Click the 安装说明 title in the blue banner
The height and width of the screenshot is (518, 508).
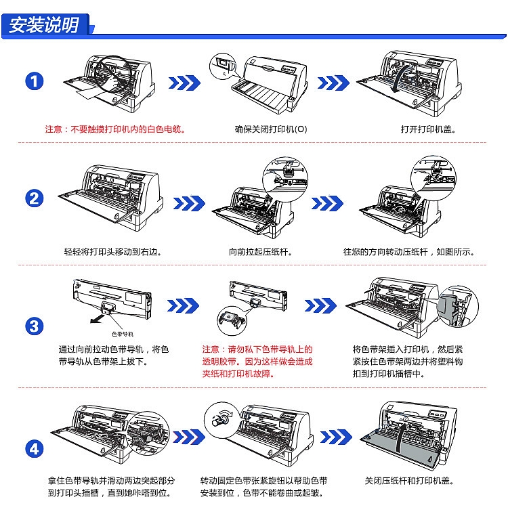pos(44,25)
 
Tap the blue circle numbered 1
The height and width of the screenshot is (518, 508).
pos(35,81)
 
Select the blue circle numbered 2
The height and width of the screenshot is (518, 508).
pos(35,198)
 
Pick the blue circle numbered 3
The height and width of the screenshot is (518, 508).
pos(35,326)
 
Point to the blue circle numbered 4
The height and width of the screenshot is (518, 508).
pos(35,449)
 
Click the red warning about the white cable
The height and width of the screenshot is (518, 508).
pos(115,129)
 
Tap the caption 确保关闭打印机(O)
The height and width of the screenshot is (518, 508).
pos(271,129)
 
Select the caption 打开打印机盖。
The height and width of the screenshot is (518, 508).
pos(428,129)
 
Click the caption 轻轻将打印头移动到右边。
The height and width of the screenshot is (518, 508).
pos(112,252)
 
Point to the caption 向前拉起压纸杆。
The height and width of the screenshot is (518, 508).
pos(261,252)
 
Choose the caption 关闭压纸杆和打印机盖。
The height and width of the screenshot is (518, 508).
pos(409,481)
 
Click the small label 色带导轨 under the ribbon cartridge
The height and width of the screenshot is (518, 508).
pos(123,334)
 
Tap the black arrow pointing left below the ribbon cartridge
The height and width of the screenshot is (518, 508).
pos(97,319)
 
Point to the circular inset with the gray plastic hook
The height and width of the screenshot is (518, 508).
pos(457,307)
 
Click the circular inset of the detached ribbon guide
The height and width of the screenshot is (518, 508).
pos(232,321)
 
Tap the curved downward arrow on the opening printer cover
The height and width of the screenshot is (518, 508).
pos(401,79)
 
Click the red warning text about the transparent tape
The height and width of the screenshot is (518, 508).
pos(257,362)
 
